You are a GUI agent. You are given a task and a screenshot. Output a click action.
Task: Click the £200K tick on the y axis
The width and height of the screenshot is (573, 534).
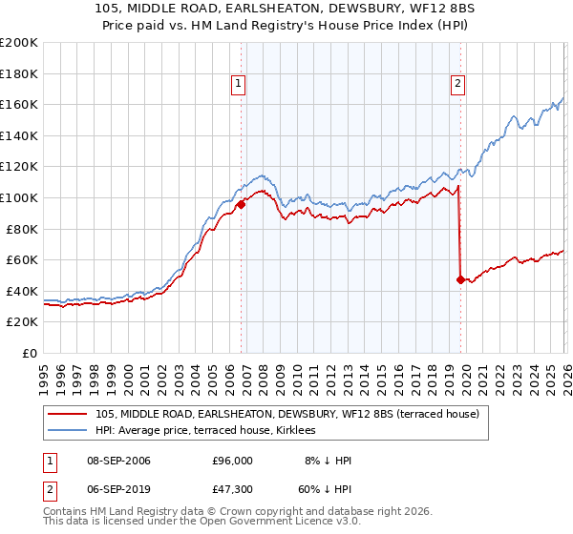tap(19, 43)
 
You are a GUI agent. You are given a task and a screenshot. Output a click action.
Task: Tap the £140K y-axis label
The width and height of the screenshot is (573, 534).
tap(19, 135)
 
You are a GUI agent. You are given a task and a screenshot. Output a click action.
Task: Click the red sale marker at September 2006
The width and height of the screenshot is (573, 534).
tap(241, 203)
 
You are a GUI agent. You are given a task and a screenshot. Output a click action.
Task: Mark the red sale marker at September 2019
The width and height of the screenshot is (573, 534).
tap(460, 279)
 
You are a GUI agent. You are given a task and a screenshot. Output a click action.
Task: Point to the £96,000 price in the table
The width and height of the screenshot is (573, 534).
tap(232, 461)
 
